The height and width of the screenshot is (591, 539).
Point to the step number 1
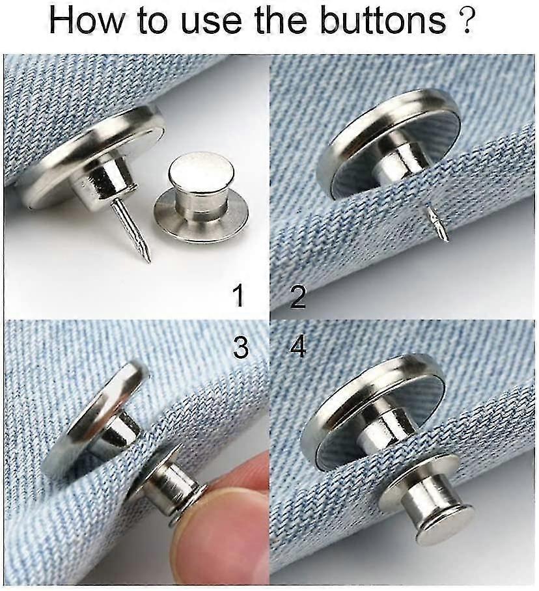240,295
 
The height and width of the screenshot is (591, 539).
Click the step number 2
297,296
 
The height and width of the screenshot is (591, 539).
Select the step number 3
241,348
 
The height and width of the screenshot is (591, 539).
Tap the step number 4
298,348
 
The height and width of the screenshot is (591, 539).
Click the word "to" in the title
144,21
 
